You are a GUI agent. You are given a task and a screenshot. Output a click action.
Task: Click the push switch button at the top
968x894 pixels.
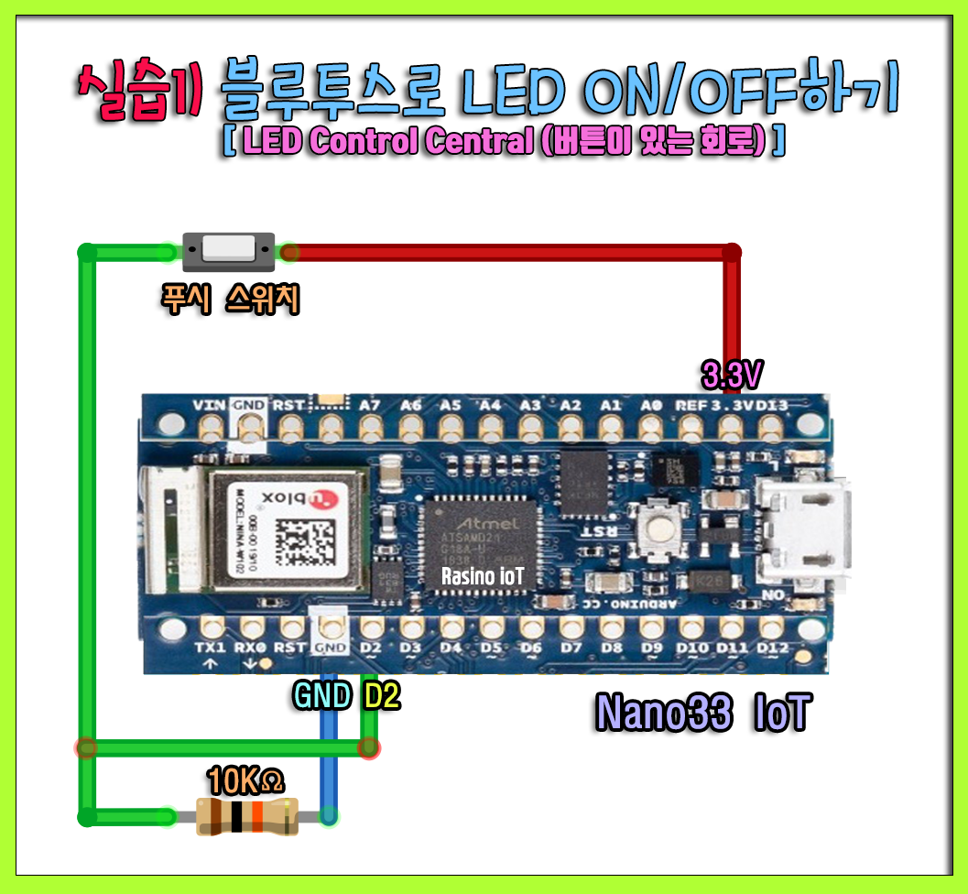point(228,250)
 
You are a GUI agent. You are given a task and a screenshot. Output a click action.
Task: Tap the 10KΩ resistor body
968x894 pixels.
point(247,816)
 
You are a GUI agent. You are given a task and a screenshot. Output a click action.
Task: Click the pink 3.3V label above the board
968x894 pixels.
point(732,376)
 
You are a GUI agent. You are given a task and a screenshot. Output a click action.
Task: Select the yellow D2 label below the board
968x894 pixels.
point(382,696)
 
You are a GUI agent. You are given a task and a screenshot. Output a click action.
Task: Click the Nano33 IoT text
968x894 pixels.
point(702,714)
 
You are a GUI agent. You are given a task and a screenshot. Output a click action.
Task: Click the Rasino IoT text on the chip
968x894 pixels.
point(483,576)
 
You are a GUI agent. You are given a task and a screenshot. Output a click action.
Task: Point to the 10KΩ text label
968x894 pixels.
point(245,781)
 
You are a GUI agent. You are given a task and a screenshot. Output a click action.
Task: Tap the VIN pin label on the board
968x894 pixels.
point(210,405)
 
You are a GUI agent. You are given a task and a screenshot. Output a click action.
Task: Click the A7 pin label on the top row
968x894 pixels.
point(370,405)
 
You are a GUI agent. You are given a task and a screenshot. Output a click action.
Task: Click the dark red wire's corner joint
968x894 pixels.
point(731,252)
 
